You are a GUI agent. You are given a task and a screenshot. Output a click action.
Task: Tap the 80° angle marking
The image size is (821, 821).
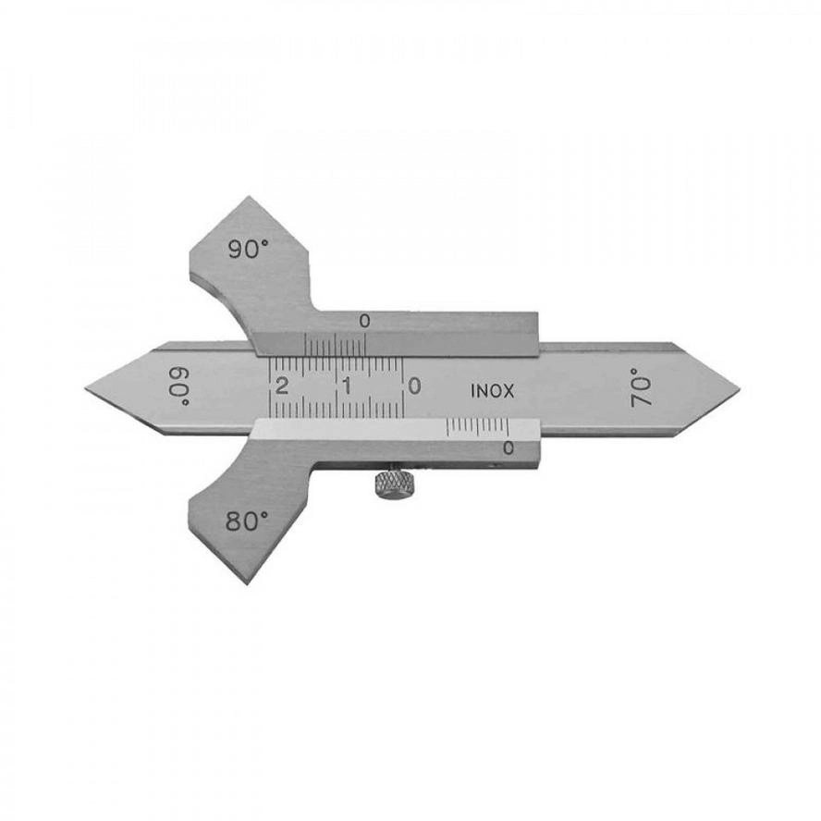coord(247,521)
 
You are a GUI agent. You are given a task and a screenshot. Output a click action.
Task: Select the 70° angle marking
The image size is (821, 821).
coord(641,387)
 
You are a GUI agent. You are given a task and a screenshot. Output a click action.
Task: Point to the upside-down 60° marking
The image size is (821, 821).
coord(180,386)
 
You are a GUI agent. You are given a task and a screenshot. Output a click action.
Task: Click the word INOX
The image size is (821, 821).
coord(493,391)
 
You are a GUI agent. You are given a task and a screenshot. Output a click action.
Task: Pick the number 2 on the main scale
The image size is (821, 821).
coord(282,386)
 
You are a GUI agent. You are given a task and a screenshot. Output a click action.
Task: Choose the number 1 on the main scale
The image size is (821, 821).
coord(347,386)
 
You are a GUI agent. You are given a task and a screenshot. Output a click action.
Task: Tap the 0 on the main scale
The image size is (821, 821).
coord(413,386)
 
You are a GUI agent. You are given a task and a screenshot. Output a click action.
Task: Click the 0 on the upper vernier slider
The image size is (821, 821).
coord(364,321)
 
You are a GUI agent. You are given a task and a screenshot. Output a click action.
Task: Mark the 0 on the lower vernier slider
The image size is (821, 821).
coord(508,447)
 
